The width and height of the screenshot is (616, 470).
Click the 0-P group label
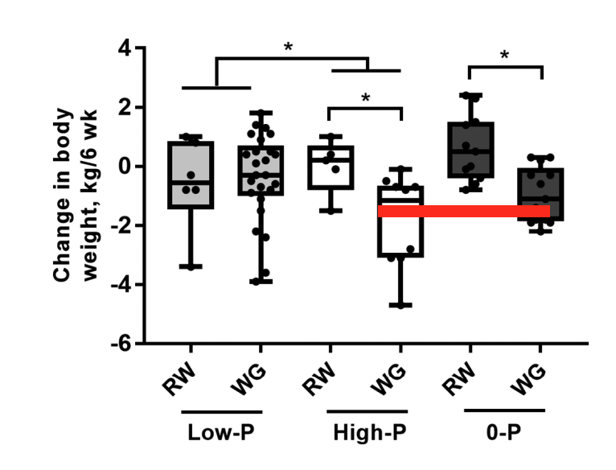tap(505, 432)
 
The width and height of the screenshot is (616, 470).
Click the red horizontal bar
tap(464, 211)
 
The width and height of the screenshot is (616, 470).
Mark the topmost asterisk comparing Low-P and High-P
tap(288, 48)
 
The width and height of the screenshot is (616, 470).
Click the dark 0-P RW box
tap(471, 150)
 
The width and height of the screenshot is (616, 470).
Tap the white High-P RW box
tap(332, 167)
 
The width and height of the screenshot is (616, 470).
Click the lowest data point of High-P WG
tap(400, 305)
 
